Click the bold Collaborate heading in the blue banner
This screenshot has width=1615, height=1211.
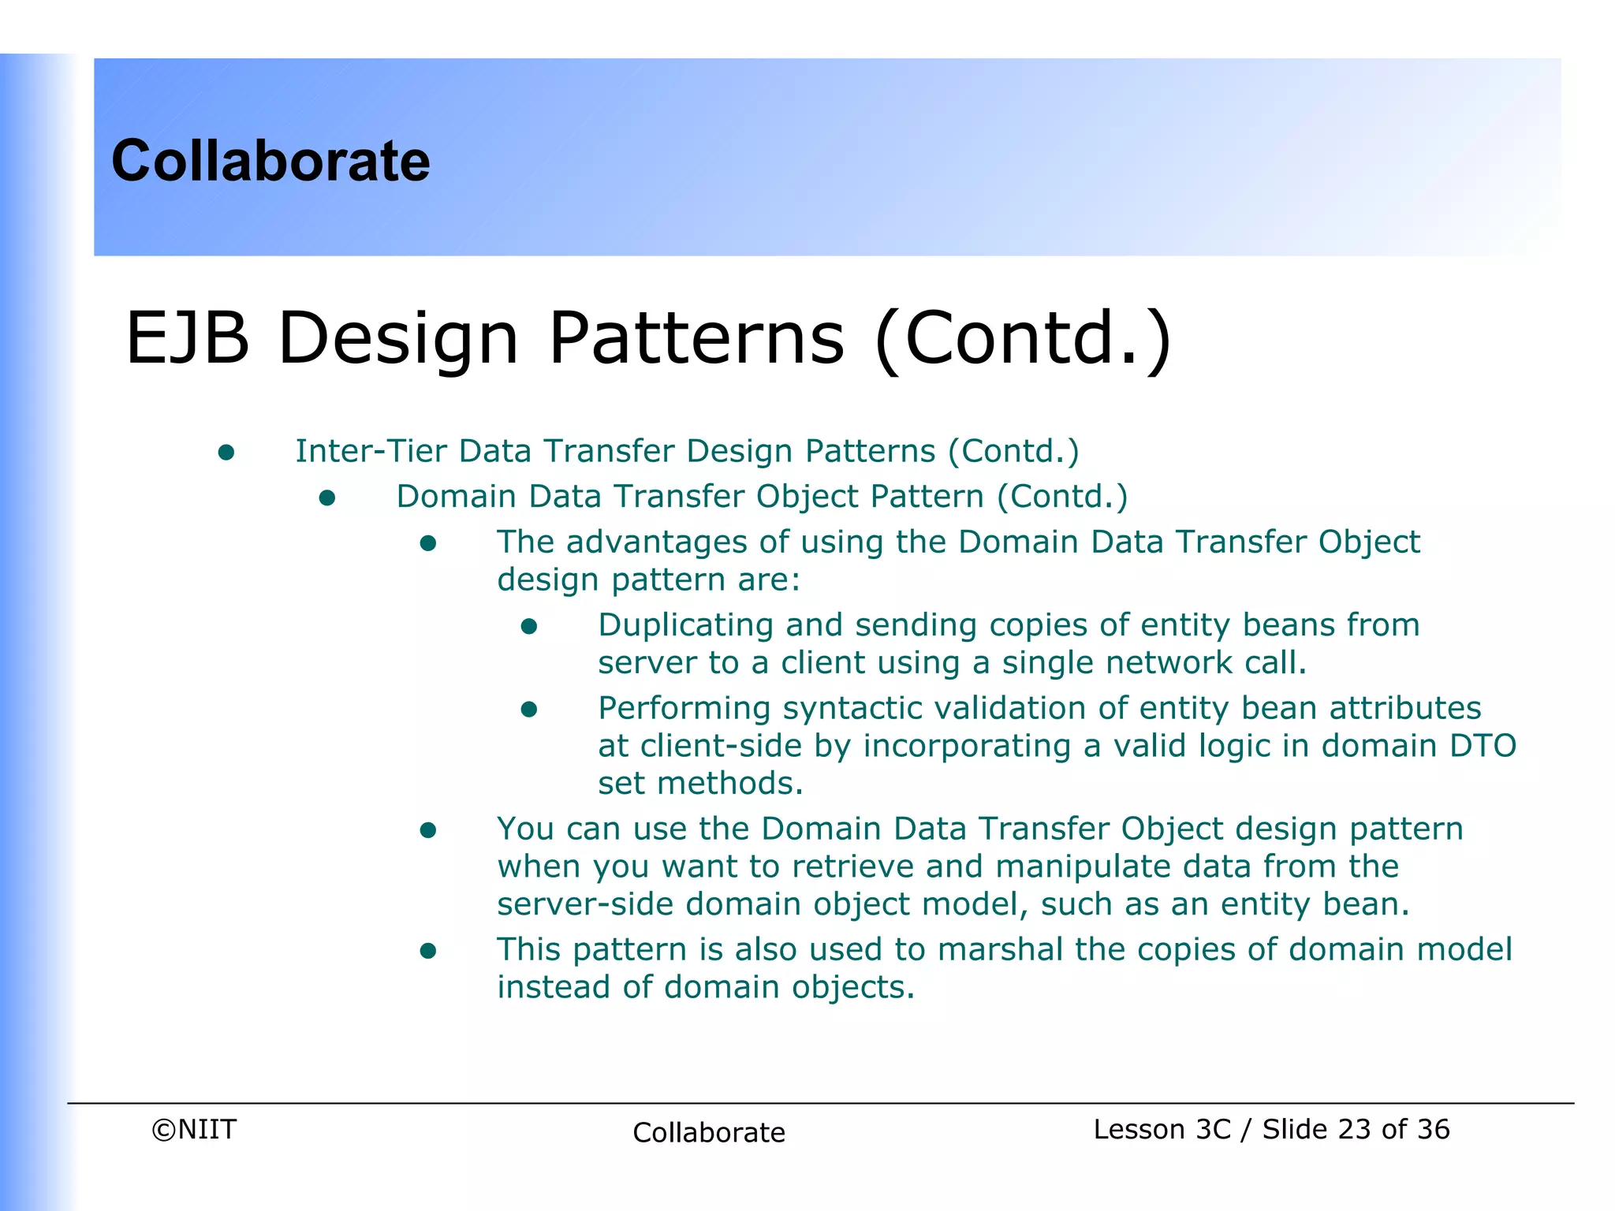270,161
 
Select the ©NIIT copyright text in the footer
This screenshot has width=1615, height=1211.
194,1129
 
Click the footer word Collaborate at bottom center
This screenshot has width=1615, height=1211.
708,1132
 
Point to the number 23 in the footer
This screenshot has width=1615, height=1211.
1355,1129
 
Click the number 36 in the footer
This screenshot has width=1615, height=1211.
1433,1129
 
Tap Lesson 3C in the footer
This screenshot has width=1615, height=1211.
1162,1129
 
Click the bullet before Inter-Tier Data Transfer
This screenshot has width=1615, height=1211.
226,453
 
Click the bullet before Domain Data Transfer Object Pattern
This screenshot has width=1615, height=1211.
327,498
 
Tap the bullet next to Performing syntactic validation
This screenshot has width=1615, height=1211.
529,710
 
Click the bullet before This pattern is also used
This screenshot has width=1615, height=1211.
428,952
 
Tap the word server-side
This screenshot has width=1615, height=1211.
585,904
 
